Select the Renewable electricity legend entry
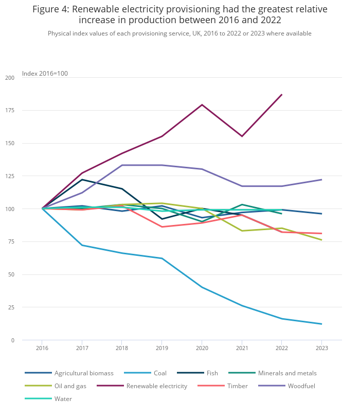coord(156,386)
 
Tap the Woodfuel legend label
coord(301,386)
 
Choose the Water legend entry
coord(63,398)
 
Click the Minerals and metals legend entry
coord(287,373)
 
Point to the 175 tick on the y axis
coord(10,111)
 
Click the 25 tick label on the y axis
coord(11,307)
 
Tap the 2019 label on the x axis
coord(162,348)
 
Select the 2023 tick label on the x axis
coord(321,348)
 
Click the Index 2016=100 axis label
coord(45,74)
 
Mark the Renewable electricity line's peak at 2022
coord(282,94)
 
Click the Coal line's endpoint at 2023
coord(321,324)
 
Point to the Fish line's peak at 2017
coord(82,180)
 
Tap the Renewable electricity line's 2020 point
coord(202,105)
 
